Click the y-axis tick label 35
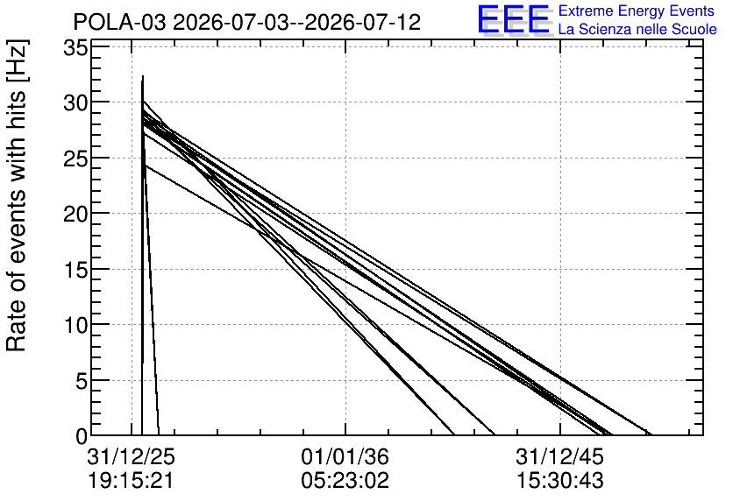tap(75, 47)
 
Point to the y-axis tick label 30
tap(75, 102)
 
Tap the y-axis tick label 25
tap(75, 158)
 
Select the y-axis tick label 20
tap(75, 214)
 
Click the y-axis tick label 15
tap(75, 270)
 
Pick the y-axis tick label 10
tap(75, 325)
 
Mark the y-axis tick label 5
tap(82, 381)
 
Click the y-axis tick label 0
tap(82, 436)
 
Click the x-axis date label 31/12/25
tap(131, 457)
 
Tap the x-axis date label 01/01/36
tap(345, 457)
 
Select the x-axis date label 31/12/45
tap(559, 457)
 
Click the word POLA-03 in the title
tap(119, 22)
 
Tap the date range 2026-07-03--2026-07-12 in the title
tap(297, 22)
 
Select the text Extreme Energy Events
tap(637, 11)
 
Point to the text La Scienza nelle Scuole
tap(637, 29)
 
